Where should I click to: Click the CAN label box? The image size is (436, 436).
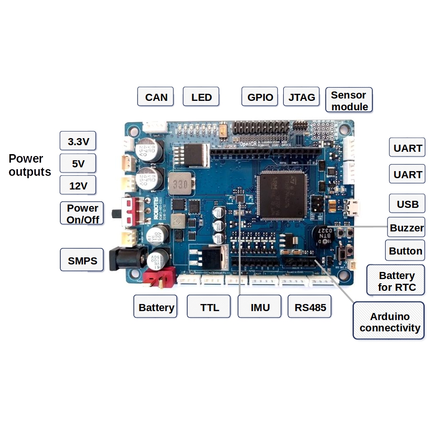(x=156, y=97)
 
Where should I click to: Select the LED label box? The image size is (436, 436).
(x=201, y=97)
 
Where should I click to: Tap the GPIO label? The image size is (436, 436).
(x=260, y=97)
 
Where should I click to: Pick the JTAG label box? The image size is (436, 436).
(x=301, y=97)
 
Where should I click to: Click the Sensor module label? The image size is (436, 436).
(x=349, y=100)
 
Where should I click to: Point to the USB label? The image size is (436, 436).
(x=408, y=204)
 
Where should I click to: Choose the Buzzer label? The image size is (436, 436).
(x=406, y=228)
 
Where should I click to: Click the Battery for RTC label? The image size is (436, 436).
(x=396, y=281)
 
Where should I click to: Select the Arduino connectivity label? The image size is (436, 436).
(x=389, y=322)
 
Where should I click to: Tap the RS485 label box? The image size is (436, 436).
(x=310, y=308)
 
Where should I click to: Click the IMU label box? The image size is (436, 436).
(x=260, y=308)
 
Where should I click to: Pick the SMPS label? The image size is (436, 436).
(x=82, y=260)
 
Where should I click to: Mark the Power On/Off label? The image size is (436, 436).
(x=82, y=214)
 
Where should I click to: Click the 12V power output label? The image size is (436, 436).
(x=78, y=186)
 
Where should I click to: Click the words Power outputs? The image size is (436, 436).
(x=30, y=165)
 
